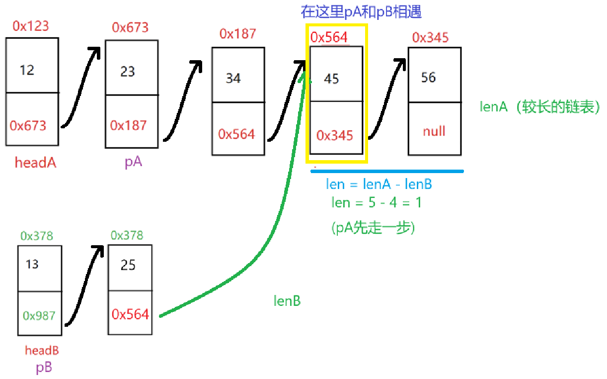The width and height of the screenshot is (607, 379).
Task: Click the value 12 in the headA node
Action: point(27,70)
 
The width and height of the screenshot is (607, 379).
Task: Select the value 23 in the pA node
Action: point(128,72)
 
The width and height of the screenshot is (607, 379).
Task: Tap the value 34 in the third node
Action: point(233,78)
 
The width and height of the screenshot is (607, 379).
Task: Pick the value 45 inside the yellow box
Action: point(331,79)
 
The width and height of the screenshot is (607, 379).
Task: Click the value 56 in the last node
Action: point(428,78)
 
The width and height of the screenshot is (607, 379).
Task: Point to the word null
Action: point(434,131)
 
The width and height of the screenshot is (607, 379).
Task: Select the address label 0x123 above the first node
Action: point(31,26)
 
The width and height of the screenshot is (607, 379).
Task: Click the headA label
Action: point(35,163)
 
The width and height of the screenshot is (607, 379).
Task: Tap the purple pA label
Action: point(133,162)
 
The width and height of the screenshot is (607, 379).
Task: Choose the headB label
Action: point(42,351)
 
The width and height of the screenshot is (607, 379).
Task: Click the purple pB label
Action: point(44,368)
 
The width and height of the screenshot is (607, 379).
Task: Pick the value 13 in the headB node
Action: point(32,264)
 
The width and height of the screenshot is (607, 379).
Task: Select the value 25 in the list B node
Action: point(128,265)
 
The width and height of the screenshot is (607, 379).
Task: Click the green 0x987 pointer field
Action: point(39,315)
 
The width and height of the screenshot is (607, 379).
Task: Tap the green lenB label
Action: point(287,301)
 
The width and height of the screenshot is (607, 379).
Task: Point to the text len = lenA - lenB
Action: point(379,185)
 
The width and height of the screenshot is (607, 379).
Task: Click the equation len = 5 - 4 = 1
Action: point(377,202)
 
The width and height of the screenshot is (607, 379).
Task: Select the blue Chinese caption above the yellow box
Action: point(361,12)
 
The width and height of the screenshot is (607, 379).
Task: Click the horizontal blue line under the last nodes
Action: point(387,171)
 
